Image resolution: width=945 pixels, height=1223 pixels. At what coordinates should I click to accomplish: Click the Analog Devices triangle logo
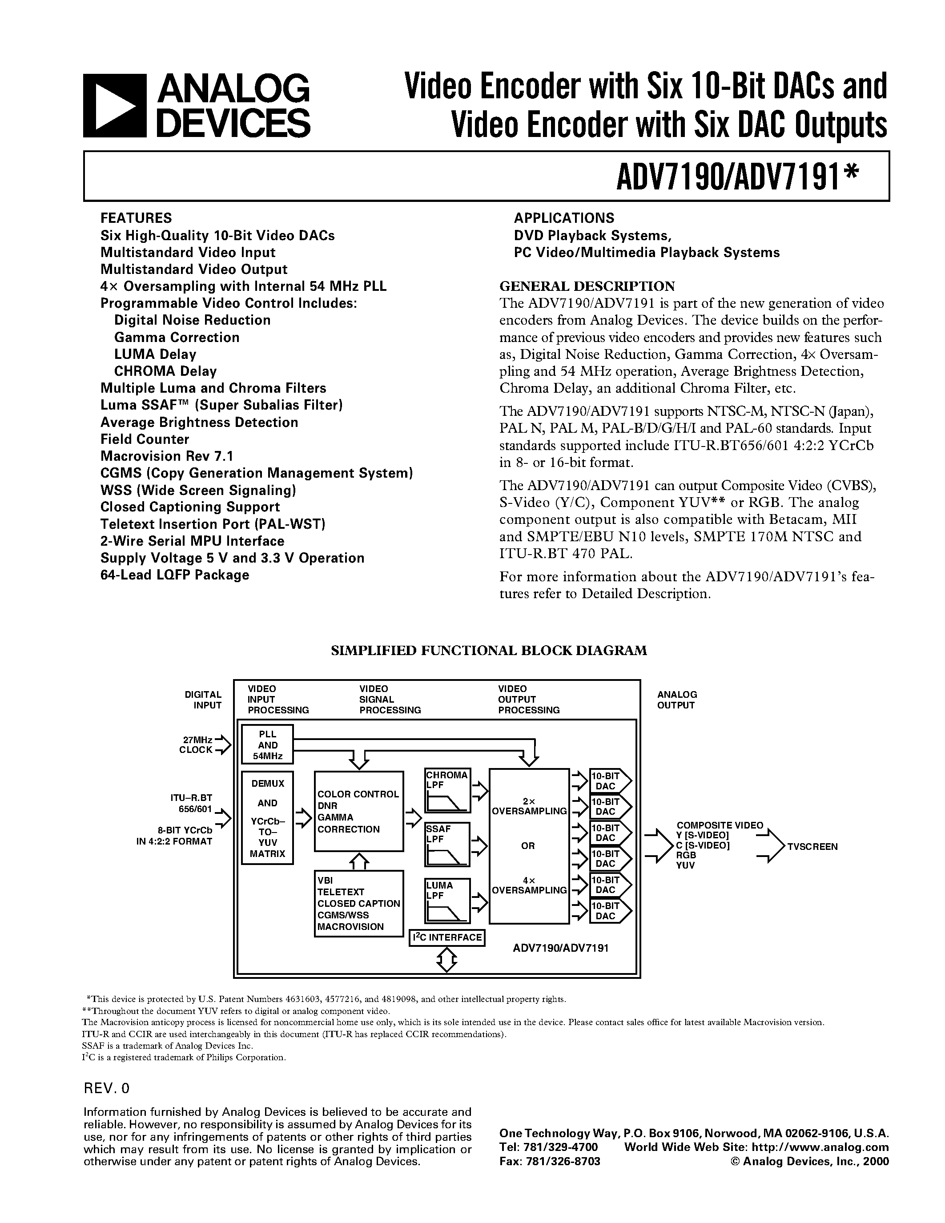click(x=115, y=106)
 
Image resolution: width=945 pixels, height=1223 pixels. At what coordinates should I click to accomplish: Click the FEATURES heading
click(x=136, y=218)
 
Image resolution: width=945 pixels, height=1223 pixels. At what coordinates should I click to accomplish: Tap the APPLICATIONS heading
click(x=564, y=218)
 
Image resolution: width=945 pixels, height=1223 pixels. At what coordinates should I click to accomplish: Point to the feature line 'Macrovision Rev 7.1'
click(x=166, y=456)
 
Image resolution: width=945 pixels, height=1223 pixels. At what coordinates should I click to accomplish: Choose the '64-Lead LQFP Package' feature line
click(x=175, y=575)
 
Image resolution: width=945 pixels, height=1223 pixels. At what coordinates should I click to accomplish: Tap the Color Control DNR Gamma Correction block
click(x=358, y=812)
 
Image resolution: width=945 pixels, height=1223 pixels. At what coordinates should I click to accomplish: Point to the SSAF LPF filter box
click(x=447, y=845)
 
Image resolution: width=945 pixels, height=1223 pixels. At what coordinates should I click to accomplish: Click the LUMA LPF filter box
click(x=447, y=901)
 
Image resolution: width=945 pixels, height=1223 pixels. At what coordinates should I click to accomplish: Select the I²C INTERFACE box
click(x=447, y=937)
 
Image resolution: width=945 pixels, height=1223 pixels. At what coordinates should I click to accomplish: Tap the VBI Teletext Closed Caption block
click(x=358, y=903)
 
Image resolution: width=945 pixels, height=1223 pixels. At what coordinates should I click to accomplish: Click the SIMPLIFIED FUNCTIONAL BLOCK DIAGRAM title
click(x=489, y=650)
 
